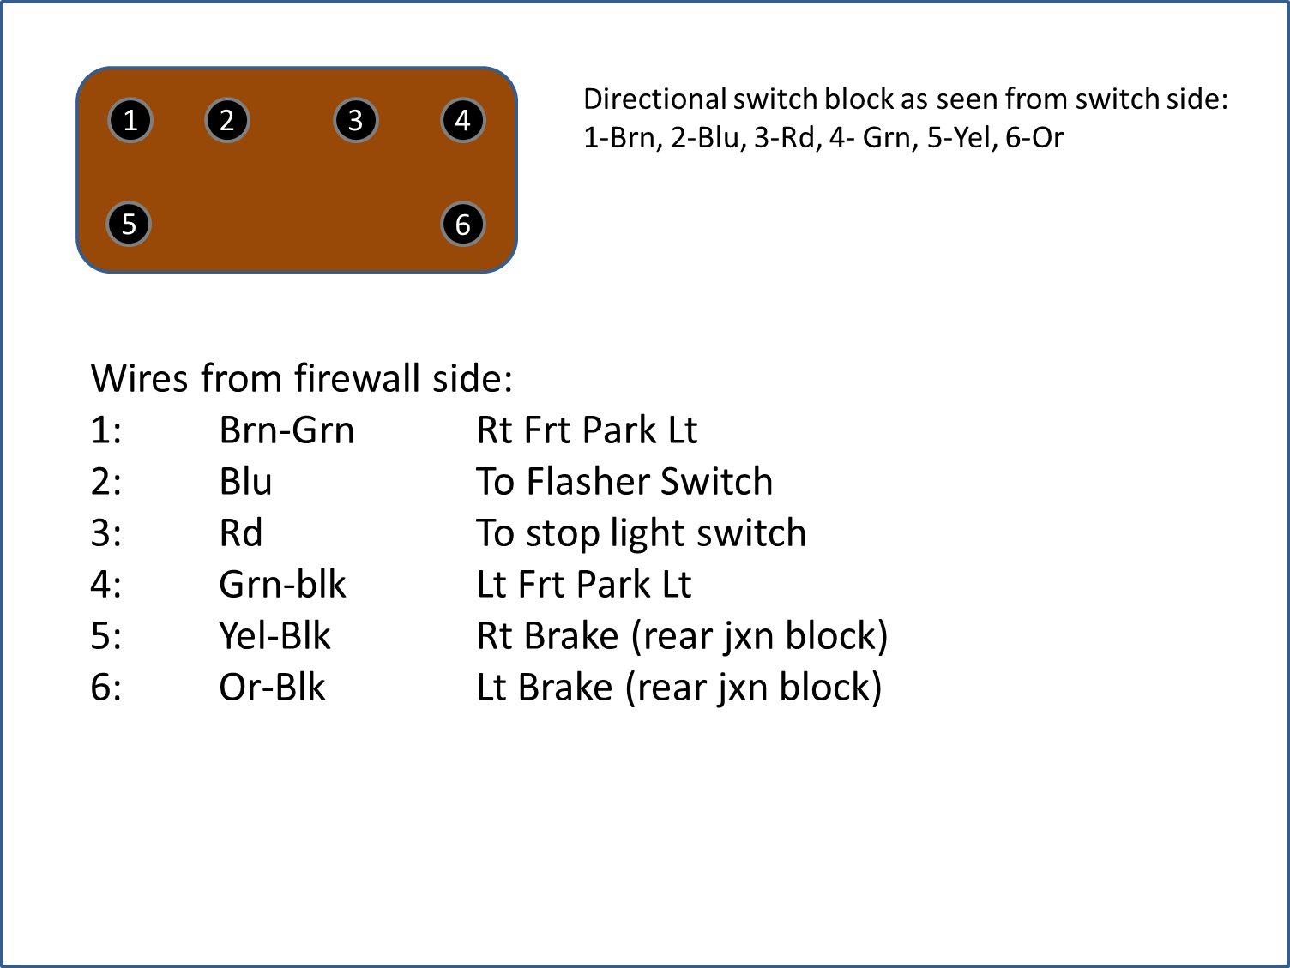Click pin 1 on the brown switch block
[x=130, y=120]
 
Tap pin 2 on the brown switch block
[x=226, y=120]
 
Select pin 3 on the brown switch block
[x=355, y=120]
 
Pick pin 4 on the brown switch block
[x=463, y=120]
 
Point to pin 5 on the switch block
[x=129, y=225]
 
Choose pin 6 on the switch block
[x=463, y=225]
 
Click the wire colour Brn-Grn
[x=286, y=430]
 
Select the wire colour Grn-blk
[x=282, y=585]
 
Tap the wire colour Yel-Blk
[x=274, y=636]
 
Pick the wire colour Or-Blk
[x=272, y=688]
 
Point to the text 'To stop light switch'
[x=641, y=533]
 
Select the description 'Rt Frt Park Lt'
[x=587, y=430]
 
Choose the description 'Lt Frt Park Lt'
[x=583, y=585]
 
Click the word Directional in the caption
[x=654, y=99]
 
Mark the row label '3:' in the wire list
[x=105, y=533]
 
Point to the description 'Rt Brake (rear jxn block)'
[x=682, y=636]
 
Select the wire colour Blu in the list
[x=245, y=482]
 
